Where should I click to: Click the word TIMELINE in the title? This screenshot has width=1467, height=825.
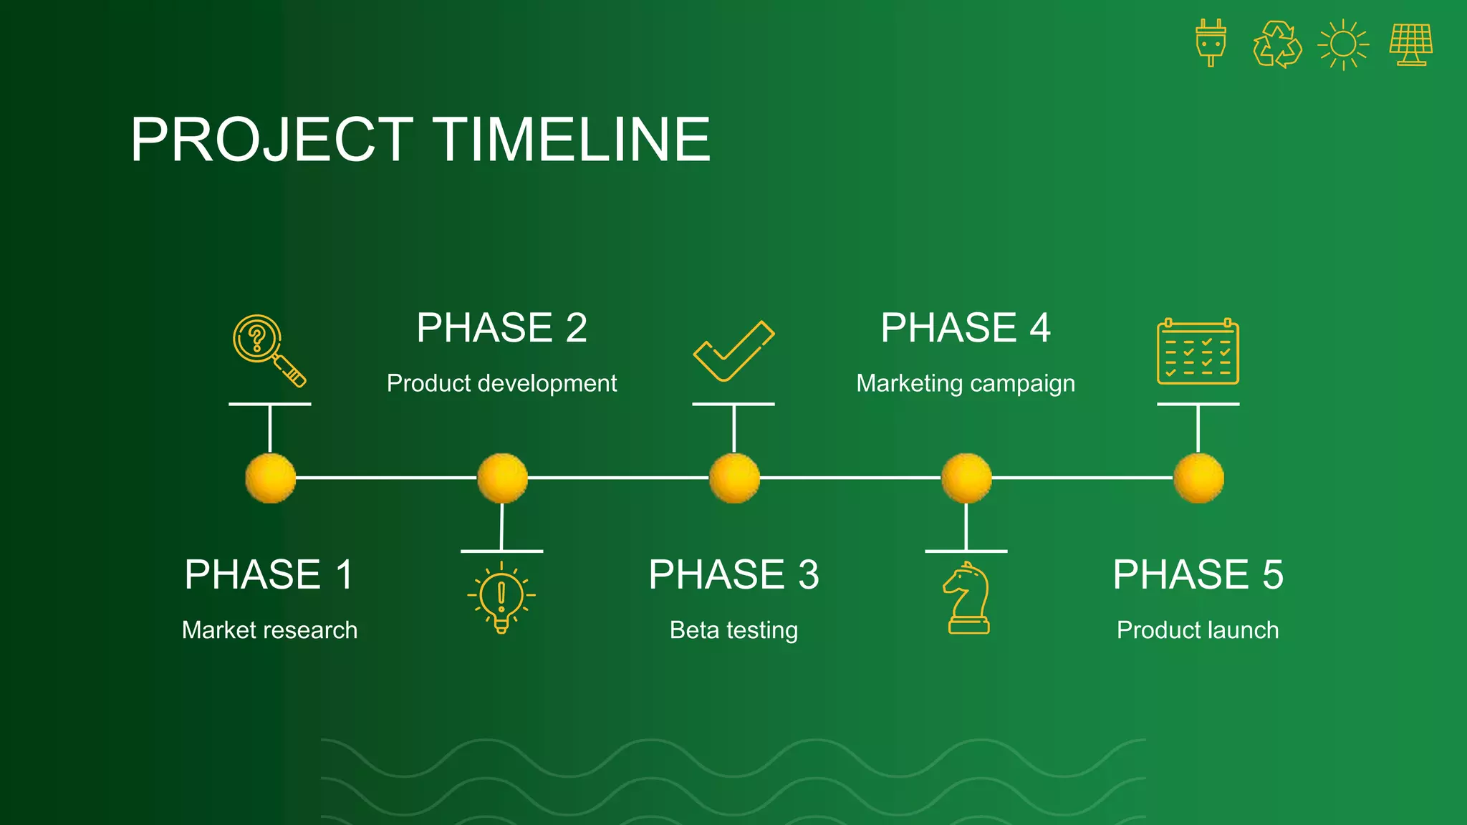point(573,140)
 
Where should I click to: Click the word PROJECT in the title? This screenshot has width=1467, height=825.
point(271,140)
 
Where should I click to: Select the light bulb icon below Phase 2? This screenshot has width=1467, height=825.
point(501,597)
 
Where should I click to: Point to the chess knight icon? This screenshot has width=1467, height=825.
point(967,598)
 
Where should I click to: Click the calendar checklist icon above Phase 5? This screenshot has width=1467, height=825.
point(1198,352)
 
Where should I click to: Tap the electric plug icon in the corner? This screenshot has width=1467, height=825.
point(1211,43)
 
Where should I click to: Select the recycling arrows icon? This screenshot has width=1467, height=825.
point(1277,44)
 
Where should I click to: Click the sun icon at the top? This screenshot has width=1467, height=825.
point(1343,44)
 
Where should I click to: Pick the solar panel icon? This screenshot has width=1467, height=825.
point(1411,44)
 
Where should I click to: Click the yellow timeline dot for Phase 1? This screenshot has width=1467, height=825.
point(270,478)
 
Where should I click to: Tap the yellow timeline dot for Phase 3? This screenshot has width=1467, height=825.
point(734,478)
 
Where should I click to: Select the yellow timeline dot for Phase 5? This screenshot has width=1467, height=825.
point(1198,478)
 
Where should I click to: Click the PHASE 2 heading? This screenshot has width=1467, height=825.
point(501,328)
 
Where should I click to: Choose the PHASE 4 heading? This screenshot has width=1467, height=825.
point(965,328)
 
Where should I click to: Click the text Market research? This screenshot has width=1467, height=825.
point(269,630)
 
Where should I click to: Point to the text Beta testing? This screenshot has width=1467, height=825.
point(733,630)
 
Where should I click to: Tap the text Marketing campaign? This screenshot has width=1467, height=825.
point(965,383)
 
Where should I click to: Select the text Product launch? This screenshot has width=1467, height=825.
point(1198,630)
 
